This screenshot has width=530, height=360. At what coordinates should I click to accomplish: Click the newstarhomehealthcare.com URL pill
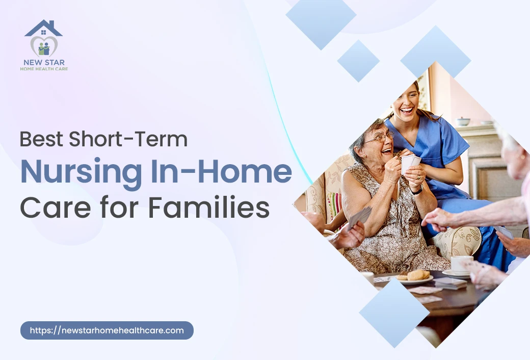coord(107,330)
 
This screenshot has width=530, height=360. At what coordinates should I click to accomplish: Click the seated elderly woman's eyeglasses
coord(379,137)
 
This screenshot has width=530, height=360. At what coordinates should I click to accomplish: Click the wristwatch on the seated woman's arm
coord(417,189)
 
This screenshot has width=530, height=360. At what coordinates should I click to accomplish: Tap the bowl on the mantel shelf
coord(463,121)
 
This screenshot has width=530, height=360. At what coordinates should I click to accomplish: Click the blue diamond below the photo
coord(394,313)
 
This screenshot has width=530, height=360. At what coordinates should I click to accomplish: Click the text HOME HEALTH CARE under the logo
coord(44,69)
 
